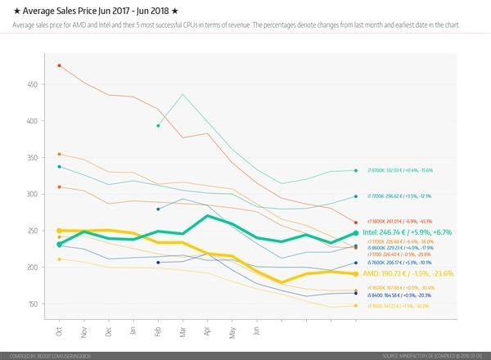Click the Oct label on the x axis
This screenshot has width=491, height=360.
(60, 333)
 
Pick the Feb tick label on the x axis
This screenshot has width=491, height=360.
(158, 333)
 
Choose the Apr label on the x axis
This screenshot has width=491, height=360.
(208, 333)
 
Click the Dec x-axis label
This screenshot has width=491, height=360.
(109, 333)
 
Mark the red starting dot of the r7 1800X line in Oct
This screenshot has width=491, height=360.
(59, 65)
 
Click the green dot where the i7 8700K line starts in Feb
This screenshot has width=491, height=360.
(158, 125)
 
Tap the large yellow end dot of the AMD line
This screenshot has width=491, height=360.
(355, 274)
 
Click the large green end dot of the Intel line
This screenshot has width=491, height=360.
(355, 233)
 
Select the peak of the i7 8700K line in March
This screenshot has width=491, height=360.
(183, 95)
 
